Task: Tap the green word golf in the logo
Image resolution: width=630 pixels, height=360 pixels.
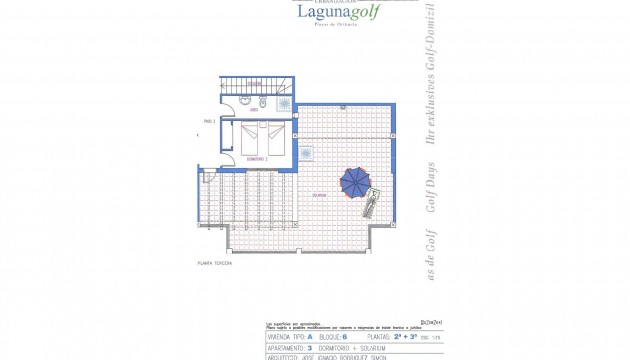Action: pyautogui.click(x=334, y=14)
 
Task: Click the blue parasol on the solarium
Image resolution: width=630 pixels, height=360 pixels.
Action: pyautogui.click(x=355, y=181)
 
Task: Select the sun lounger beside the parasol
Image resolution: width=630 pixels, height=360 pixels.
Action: pyautogui.click(x=370, y=203)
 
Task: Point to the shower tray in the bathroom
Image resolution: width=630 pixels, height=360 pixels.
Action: pyautogui.click(x=284, y=102)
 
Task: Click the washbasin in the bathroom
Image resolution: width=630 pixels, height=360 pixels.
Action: pyautogui.click(x=246, y=101)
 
